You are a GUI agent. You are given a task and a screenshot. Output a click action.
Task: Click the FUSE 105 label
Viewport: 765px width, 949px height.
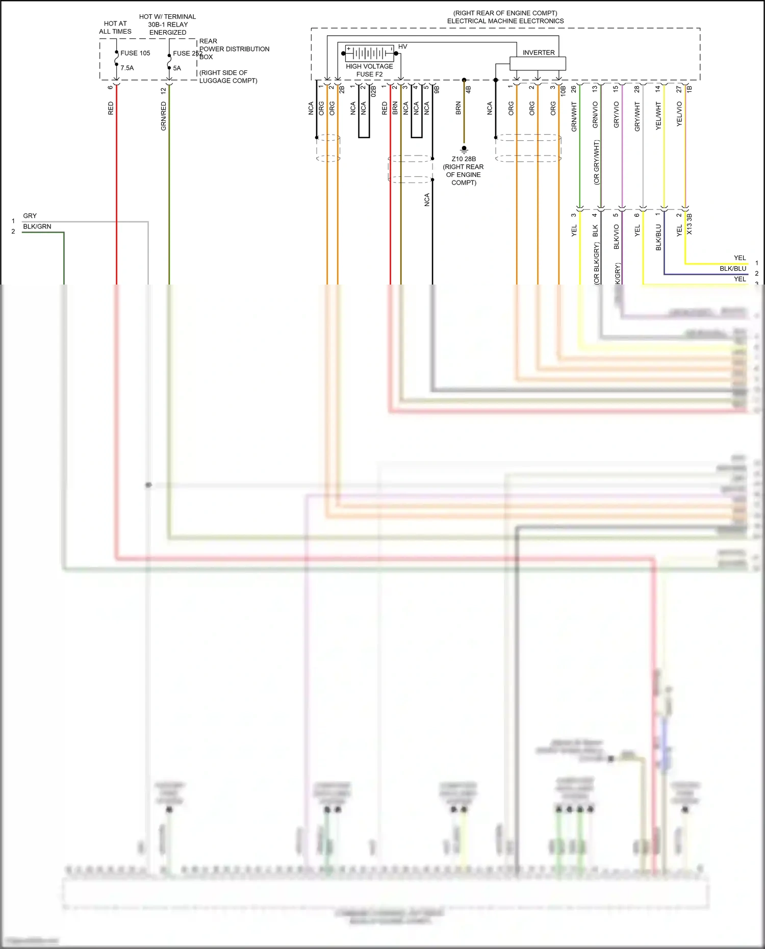tap(135, 53)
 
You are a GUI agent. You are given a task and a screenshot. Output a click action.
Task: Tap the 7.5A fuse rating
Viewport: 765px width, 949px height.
tap(127, 68)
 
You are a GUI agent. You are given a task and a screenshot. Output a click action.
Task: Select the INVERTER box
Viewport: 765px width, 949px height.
tap(538, 63)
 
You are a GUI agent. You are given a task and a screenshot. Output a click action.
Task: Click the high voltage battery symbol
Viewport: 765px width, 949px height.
tap(369, 53)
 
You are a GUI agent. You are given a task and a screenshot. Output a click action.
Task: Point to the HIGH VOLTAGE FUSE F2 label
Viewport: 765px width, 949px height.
tap(369, 70)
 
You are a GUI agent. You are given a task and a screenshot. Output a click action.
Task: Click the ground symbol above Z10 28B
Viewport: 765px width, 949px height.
tap(464, 150)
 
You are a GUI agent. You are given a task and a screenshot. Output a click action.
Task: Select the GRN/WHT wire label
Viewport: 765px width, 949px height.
tap(574, 117)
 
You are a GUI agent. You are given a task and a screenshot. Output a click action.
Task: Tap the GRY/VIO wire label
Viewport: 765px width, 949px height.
tap(616, 114)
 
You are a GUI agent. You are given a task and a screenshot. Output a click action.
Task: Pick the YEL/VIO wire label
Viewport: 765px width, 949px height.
tap(679, 114)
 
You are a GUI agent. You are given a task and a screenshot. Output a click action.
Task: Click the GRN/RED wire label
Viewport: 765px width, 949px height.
tap(164, 116)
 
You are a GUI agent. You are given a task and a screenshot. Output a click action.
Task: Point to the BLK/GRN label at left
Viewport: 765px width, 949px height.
tap(37, 226)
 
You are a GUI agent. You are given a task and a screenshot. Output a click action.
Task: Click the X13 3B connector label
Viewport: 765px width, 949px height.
tap(690, 224)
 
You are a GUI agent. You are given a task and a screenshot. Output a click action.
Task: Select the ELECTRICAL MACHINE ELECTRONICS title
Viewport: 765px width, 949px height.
tap(505, 21)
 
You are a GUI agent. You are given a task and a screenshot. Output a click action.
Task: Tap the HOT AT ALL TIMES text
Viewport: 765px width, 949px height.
tap(115, 28)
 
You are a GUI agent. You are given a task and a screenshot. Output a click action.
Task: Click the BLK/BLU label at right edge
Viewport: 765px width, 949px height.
tap(732, 269)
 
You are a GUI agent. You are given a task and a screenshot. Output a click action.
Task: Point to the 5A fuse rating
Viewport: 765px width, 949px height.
tap(177, 68)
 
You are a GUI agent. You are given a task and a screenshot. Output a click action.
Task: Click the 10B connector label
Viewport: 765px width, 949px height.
tap(564, 91)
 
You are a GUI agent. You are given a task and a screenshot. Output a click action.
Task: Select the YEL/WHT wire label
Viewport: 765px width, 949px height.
tap(658, 116)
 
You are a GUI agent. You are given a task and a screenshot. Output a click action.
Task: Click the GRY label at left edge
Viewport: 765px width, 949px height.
tap(30, 216)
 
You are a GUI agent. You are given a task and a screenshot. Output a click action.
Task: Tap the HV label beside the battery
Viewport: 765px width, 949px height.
tap(402, 47)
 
